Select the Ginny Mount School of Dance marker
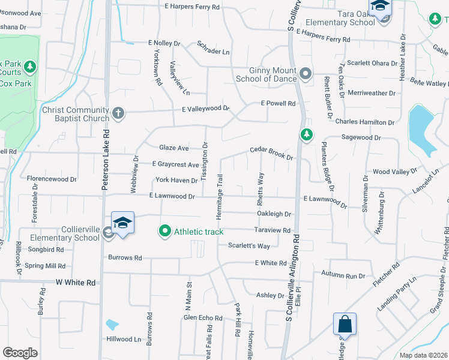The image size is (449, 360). [306, 74]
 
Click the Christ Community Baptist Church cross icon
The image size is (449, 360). [118, 111]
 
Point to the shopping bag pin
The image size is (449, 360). [345, 325]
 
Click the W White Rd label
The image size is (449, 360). [76, 282]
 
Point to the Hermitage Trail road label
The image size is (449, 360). [220, 196]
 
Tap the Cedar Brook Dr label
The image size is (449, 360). [271, 153]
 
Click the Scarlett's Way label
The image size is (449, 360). [249, 246]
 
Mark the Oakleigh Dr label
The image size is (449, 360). [274, 214]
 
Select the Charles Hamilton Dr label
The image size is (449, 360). [364, 122]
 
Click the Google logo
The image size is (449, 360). [20, 353]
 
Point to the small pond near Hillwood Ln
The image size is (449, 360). [112, 325]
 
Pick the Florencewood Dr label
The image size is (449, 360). [52, 179]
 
